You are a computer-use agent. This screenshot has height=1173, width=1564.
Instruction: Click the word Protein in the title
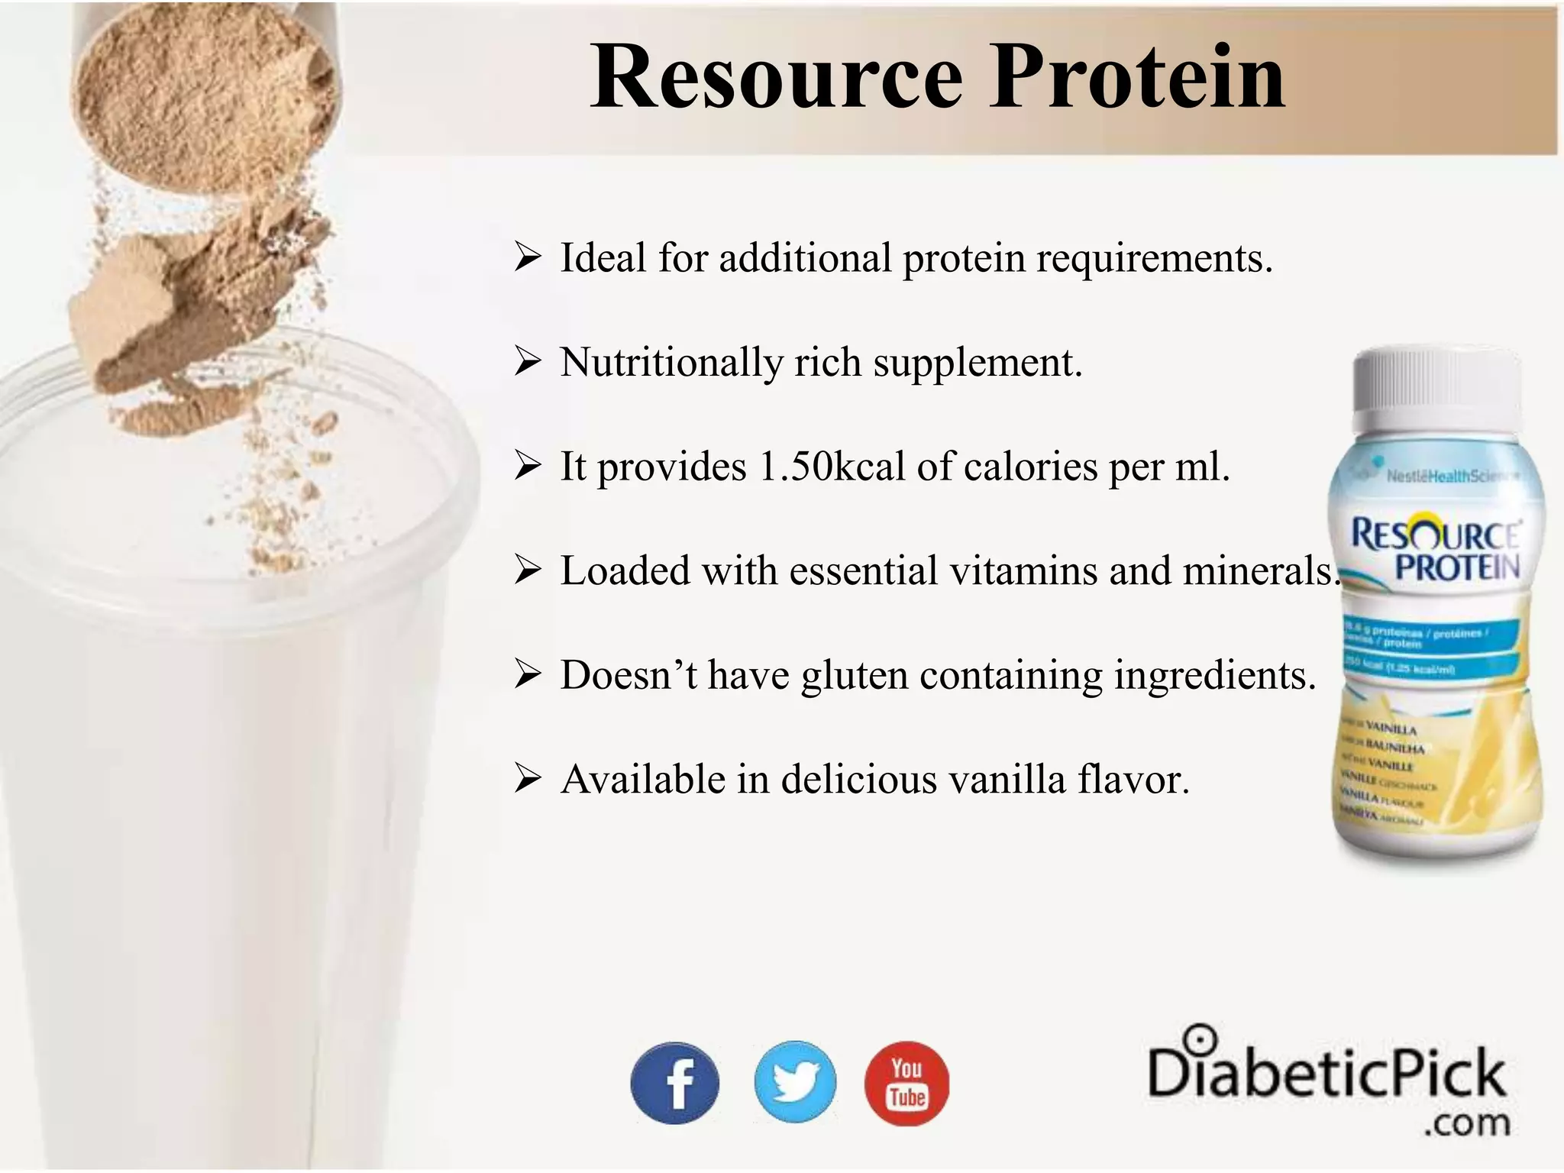click(x=1138, y=78)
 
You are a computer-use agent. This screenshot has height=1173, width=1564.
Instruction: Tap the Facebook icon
click(x=674, y=1083)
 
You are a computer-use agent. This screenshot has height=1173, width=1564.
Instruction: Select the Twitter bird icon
click(x=795, y=1082)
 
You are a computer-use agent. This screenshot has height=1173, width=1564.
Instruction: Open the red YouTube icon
click(x=906, y=1083)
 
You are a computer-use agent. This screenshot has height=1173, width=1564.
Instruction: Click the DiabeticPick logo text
click(x=1326, y=1073)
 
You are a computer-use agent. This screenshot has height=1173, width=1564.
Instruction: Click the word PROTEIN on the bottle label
click(x=1456, y=567)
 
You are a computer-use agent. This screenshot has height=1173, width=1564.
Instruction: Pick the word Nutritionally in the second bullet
click(x=671, y=362)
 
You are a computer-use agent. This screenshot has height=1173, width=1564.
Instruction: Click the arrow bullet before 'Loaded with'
click(x=528, y=570)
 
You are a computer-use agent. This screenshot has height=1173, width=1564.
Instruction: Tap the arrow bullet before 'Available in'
click(x=528, y=780)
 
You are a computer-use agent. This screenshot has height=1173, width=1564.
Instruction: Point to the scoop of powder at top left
click(x=206, y=92)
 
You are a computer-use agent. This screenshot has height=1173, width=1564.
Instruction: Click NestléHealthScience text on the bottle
click(x=1451, y=477)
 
